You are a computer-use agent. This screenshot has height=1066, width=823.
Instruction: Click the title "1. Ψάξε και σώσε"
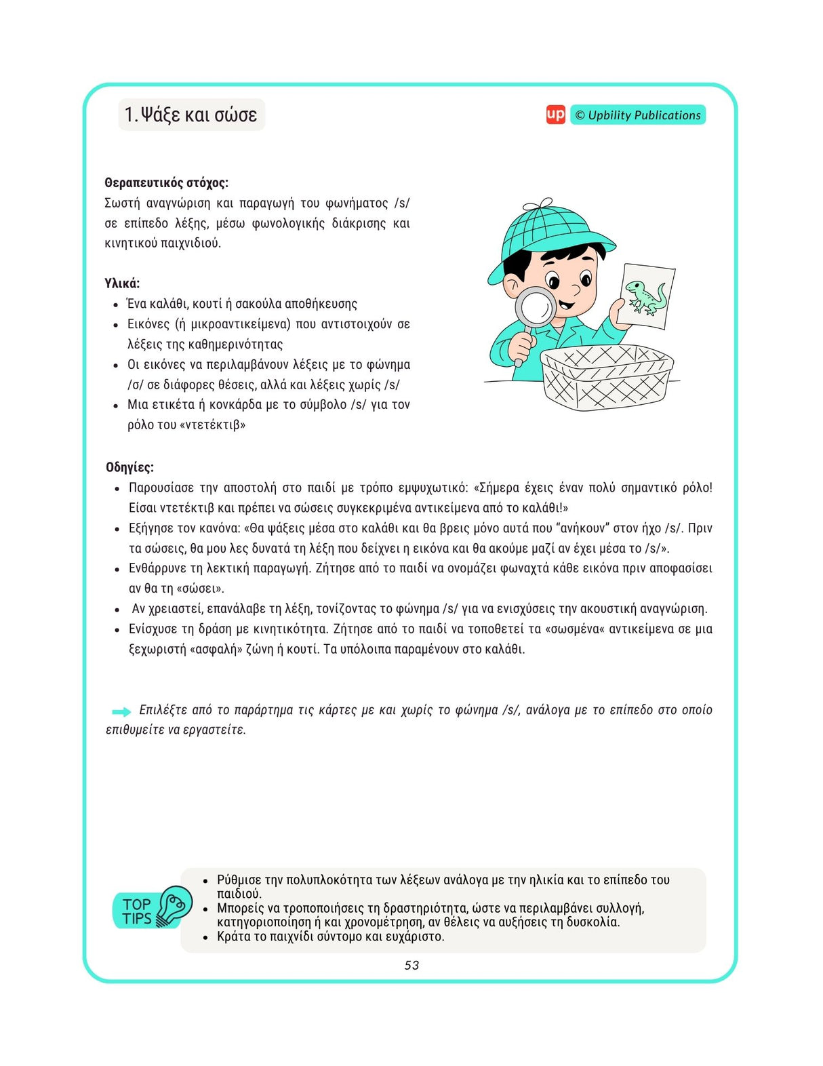click(x=191, y=115)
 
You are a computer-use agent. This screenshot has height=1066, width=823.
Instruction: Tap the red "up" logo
click(x=555, y=115)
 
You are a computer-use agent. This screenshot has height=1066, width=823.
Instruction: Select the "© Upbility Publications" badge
click(x=637, y=115)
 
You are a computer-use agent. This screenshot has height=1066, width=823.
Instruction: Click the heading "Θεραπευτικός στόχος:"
click(x=166, y=182)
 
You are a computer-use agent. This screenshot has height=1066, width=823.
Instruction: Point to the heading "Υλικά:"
click(x=122, y=283)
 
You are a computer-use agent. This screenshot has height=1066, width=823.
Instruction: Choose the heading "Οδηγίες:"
click(x=129, y=467)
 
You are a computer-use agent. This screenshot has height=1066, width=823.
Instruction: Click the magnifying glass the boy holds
click(x=536, y=309)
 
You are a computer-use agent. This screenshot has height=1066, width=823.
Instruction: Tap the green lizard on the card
click(x=646, y=296)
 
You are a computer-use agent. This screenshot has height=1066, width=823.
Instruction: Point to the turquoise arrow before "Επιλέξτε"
click(x=121, y=711)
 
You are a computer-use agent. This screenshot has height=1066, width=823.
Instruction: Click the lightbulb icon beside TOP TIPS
click(x=174, y=906)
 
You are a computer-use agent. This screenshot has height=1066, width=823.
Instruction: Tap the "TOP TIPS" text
click(x=137, y=911)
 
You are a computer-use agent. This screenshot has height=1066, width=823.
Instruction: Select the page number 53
click(x=411, y=965)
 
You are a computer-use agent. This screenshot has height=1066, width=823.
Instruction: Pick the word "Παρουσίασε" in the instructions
click(x=161, y=488)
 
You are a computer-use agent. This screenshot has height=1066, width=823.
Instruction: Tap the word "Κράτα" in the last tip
click(x=234, y=936)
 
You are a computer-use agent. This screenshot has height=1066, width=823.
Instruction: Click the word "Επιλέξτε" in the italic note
click(x=163, y=710)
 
